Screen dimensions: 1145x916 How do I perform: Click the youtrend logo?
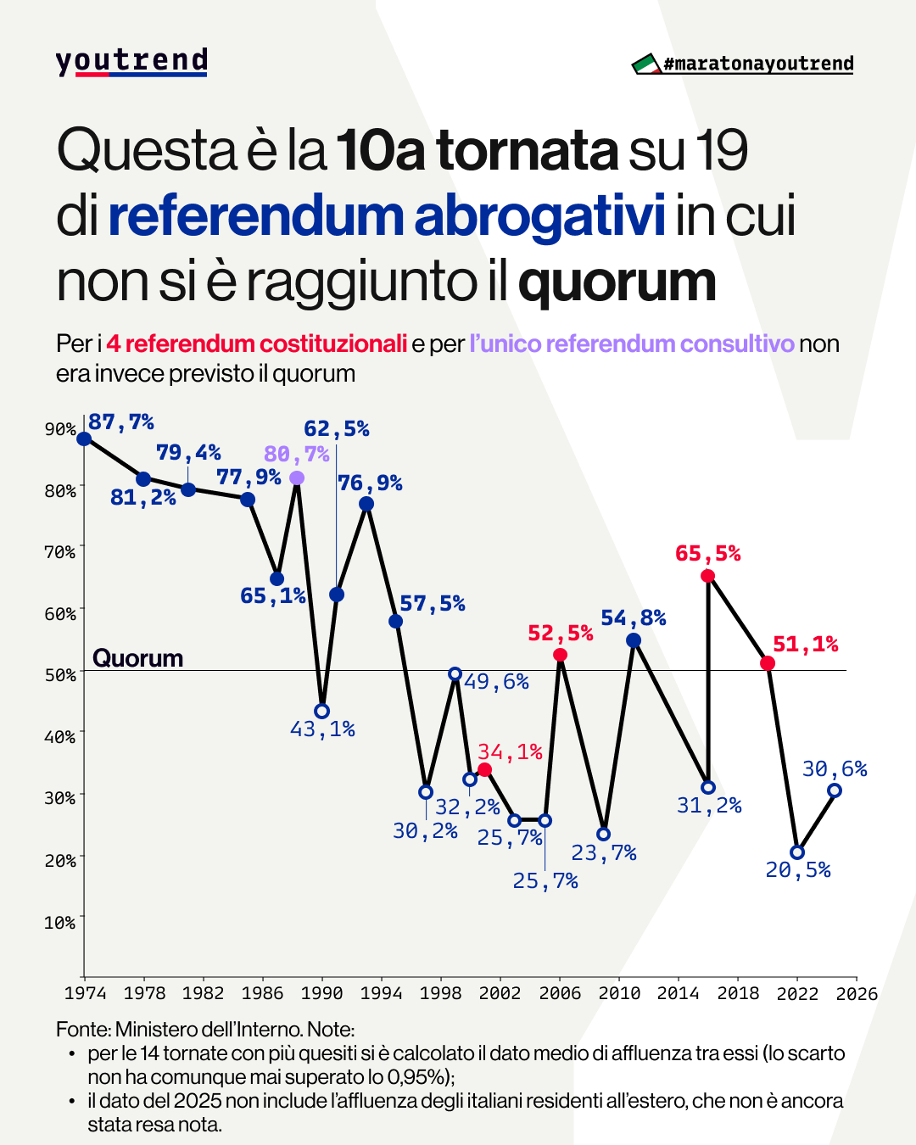pyautogui.click(x=131, y=62)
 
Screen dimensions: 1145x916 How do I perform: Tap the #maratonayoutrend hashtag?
pyautogui.click(x=758, y=64)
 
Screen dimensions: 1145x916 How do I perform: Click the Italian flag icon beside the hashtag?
pyautogui.click(x=646, y=64)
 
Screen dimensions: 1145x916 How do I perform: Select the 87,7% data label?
pyautogui.click(x=121, y=422)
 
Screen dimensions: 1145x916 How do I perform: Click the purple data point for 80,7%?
pyautogui.click(x=297, y=478)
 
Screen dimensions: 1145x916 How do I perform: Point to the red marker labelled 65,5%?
pyautogui.click(x=707, y=577)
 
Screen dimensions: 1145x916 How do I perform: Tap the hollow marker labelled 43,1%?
pyautogui.click(x=321, y=711)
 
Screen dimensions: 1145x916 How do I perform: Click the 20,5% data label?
pyautogui.click(x=798, y=870)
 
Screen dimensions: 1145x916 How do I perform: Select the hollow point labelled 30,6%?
pyautogui.click(x=835, y=790)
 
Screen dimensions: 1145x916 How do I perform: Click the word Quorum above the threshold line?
pyautogui.click(x=137, y=658)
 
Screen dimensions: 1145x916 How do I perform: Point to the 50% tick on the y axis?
pyautogui.click(x=60, y=675)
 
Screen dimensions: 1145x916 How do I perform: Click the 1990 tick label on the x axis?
pyautogui.click(x=322, y=993)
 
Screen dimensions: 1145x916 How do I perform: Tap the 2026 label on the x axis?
pyautogui.click(x=857, y=993)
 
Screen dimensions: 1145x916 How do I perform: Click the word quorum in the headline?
pyautogui.click(x=617, y=282)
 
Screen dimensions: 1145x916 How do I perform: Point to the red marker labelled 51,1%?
pyautogui.click(x=768, y=663)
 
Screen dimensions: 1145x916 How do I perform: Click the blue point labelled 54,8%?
pyautogui.click(x=634, y=640)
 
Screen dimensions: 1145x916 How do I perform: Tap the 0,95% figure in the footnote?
pyautogui.click(x=416, y=1077)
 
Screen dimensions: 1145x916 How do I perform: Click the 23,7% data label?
pyautogui.click(x=604, y=852)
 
